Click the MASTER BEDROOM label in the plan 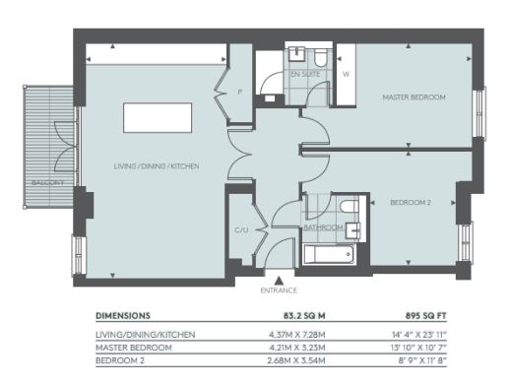pos(414,97)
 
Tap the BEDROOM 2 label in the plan pos(411,203)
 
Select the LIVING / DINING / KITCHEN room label pos(157,166)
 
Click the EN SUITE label pos(305,74)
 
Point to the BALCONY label pos(48,182)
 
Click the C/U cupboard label pos(241,230)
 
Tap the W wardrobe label pos(346,74)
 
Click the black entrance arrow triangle pos(279,280)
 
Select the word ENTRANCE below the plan pos(279,290)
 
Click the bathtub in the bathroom pos(329,254)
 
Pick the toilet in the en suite pos(320,57)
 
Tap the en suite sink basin pos(297,53)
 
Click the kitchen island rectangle pos(158,118)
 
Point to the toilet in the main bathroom pos(350,207)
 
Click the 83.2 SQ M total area pos(304,316)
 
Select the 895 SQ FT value pos(426,316)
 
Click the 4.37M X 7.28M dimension pos(297,335)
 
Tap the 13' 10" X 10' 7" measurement pos(418,348)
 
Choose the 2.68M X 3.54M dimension pos(296,360)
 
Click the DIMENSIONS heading pos(123,316)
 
